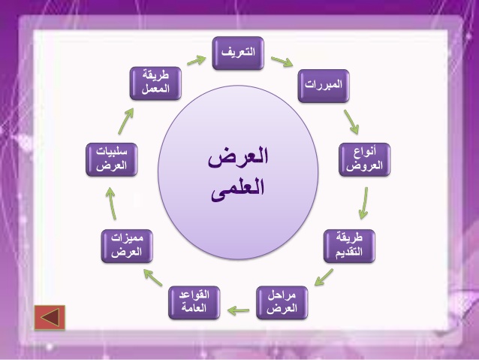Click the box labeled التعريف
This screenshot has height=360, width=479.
click(x=238, y=53)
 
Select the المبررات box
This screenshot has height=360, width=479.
click(x=324, y=86)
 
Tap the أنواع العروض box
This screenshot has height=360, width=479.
click(x=364, y=159)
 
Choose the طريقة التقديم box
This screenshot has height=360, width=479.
click(x=349, y=247)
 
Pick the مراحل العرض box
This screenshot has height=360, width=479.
click(x=282, y=303)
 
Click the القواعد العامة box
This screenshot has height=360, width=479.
click(x=194, y=303)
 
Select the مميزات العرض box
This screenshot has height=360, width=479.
click(x=127, y=247)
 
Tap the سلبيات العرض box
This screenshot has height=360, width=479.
click(x=112, y=159)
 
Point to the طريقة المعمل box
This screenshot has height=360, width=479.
click(x=155, y=83)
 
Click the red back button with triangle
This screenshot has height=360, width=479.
click(x=50, y=317)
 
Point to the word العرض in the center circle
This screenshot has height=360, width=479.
click(x=238, y=156)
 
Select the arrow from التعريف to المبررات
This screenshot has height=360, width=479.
click(x=282, y=62)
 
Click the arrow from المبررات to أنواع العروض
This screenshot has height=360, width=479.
click(x=351, y=122)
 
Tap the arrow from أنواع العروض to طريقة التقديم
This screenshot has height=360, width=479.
click(x=363, y=203)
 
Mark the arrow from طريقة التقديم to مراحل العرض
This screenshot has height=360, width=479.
click(x=324, y=277)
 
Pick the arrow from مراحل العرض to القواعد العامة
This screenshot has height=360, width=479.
click(x=238, y=310)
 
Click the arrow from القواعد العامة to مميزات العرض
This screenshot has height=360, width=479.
click(x=153, y=277)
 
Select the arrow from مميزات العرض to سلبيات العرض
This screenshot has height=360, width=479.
click(x=111, y=204)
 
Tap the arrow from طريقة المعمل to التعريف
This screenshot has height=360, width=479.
click(x=197, y=60)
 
